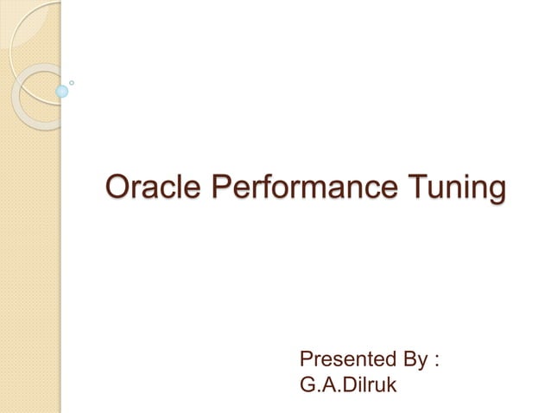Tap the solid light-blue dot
click(61, 90)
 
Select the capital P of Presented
click(305, 359)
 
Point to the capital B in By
click(404, 359)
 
